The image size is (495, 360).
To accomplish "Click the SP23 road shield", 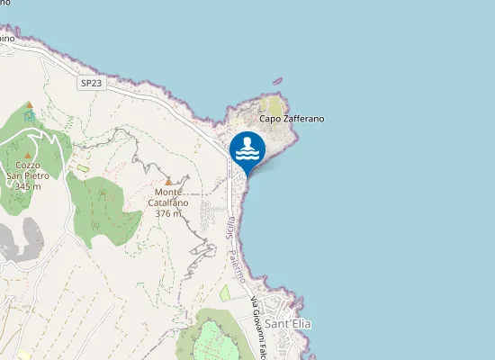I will (x=92, y=84).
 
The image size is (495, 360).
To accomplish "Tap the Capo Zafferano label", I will (x=292, y=119).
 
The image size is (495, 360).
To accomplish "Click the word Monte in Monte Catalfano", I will (x=168, y=193).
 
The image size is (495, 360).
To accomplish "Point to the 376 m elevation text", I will (x=168, y=214).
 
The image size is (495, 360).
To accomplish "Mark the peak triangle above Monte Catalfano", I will (x=168, y=182).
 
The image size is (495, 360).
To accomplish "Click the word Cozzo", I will (x=27, y=166).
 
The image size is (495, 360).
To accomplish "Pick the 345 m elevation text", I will (x=27, y=187).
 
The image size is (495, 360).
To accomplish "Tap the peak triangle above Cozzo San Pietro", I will (x=27, y=155).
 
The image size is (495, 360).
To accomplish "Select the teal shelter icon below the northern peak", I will (x=29, y=115).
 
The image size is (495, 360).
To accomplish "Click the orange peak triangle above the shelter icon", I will (x=29, y=105).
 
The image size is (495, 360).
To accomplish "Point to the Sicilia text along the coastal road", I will (x=231, y=227).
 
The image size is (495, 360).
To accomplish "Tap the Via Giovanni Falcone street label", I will (x=258, y=328).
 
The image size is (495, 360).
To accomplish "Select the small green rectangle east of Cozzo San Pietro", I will (x=83, y=168).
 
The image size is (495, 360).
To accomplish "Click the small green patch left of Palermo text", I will (x=224, y=293).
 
